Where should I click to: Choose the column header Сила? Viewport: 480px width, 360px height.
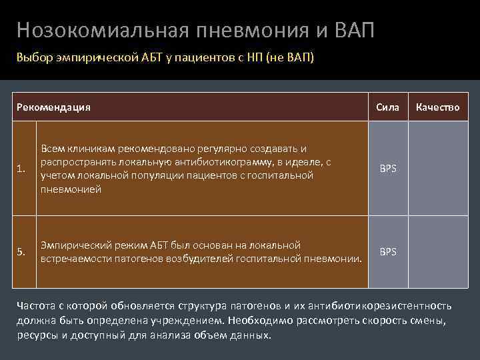387,107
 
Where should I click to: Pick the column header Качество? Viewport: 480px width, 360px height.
437,107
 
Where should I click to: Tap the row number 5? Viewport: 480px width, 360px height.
22,251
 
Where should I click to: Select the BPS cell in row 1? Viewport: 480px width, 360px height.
387,169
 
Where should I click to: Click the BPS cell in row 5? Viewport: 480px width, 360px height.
387,251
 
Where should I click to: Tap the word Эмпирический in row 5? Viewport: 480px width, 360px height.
71,245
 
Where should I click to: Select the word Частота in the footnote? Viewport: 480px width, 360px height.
37,306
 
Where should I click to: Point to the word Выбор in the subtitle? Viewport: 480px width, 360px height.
32,58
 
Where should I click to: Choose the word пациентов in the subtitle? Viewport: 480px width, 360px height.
204,58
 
